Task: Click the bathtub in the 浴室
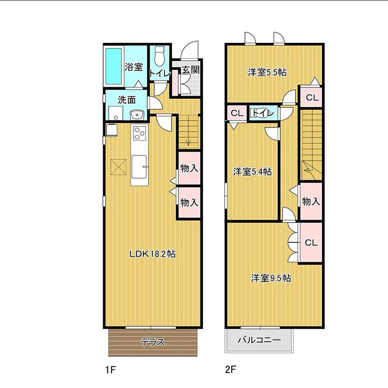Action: pos(114,66)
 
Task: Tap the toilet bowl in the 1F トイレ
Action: pos(160,56)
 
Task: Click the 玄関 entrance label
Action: pos(190,70)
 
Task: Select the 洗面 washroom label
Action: pos(127,100)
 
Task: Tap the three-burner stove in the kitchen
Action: pos(139,133)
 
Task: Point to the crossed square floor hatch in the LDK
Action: pos(118,167)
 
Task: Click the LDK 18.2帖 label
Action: pos(153,254)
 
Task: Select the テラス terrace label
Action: pos(153,342)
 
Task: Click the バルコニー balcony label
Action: pos(259,340)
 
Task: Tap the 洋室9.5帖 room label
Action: pos(271,278)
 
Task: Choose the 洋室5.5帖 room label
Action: pos(267,72)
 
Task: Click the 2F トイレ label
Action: pos(263,113)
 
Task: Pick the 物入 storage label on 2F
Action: pos(311,202)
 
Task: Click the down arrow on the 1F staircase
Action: pos(189,143)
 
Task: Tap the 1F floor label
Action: pos(111,370)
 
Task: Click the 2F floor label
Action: pos(230,370)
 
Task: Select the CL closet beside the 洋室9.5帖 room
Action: pos(311,242)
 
